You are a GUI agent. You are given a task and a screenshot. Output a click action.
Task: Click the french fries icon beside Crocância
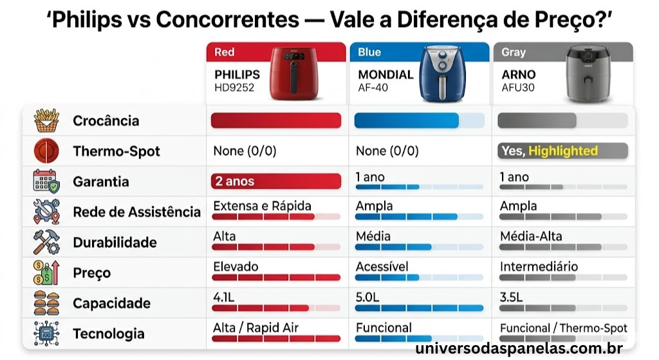pos(46,120)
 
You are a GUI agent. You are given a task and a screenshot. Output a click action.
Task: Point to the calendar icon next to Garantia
pos(46,182)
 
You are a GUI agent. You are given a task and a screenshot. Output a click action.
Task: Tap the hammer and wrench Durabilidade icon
pos(46,242)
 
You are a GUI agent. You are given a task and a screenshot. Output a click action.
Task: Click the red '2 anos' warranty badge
pos(275,182)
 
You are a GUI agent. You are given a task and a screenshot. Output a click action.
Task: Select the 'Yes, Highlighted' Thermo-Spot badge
pos(562,151)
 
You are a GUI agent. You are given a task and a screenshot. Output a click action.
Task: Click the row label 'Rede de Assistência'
pos(136,212)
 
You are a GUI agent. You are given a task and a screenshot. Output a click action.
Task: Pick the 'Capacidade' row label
pos(111,303)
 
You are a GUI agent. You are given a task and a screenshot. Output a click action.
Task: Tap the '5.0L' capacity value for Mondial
pos(367,297)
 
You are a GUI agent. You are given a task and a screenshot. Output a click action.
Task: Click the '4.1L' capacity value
pos(225,297)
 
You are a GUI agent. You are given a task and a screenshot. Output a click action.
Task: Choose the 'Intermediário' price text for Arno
pos(539,267)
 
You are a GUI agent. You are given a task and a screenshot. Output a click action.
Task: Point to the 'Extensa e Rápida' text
pos(262,206)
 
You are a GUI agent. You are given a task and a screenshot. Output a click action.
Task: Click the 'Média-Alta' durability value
pos(531,236)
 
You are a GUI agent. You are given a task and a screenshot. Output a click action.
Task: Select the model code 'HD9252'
pos(234,88)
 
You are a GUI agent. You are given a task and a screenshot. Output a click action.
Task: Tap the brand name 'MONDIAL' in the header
pos(385,75)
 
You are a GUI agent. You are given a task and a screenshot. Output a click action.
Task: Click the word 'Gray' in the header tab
pos(514,52)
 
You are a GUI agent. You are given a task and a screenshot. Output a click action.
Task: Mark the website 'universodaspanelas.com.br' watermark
pos(519,349)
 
